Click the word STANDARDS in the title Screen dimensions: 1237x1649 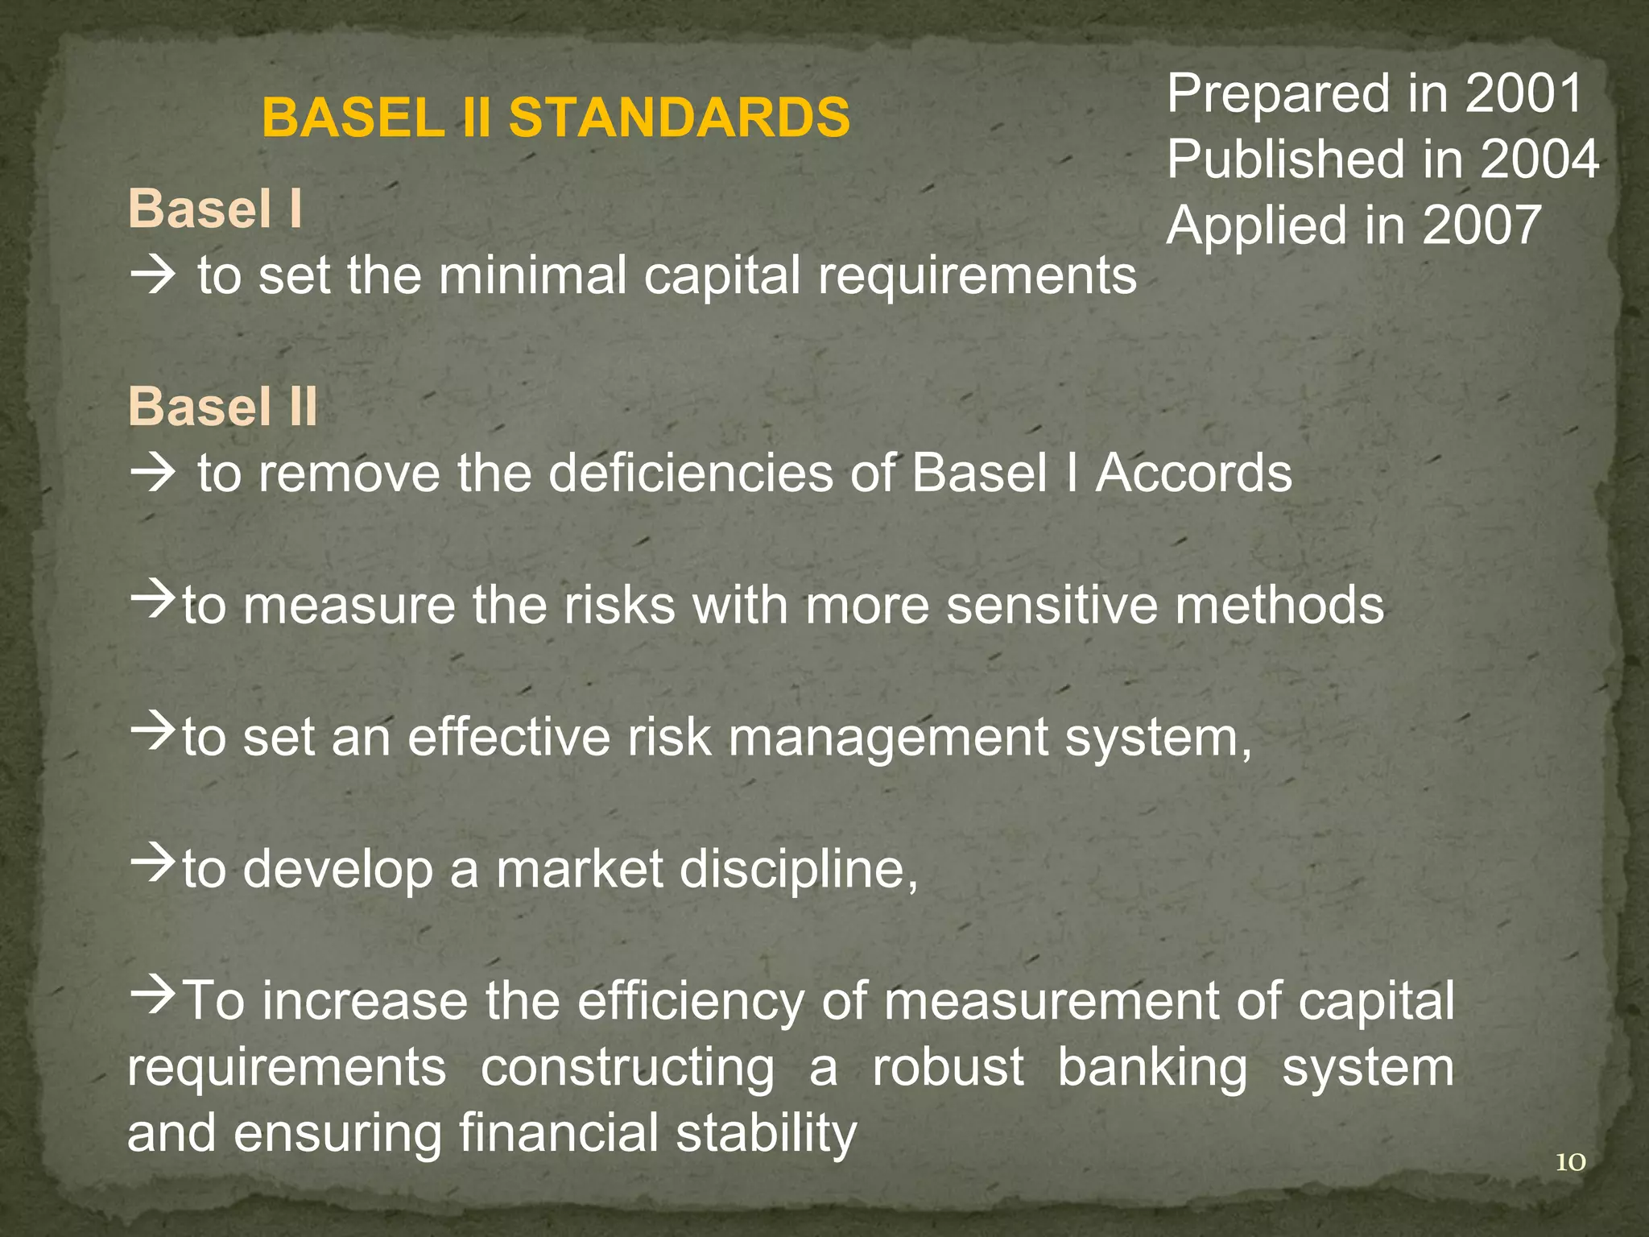pyautogui.click(x=679, y=118)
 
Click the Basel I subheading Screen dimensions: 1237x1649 pyautogui.click(x=214, y=209)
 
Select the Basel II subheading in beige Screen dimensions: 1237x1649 pyautogui.click(x=223, y=407)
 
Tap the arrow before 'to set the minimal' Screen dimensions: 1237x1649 pyautogui.click(x=152, y=275)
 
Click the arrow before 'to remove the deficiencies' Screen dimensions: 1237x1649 pyautogui.click(x=152, y=473)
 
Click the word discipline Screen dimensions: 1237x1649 pyautogui.click(x=790, y=870)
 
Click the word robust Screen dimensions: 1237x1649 pyautogui.click(x=948, y=1068)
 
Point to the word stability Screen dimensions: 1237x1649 pyautogui.click(x=766, y=1134)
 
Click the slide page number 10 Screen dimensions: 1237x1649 pyautogui.click(x=1569, y=1162)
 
